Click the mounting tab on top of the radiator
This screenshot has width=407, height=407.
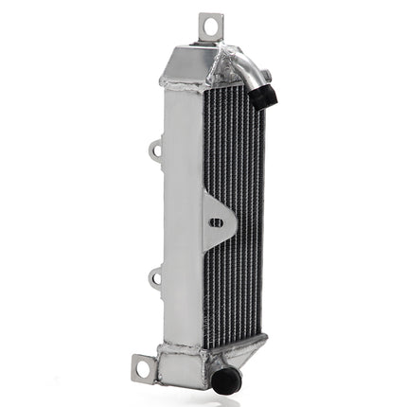pos(210,27)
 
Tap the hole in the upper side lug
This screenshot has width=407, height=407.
pos(153,149)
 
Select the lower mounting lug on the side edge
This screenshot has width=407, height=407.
pos(155,278)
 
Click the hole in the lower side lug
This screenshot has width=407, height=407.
pos(153,278)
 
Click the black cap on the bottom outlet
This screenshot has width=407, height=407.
pos(227,380)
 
